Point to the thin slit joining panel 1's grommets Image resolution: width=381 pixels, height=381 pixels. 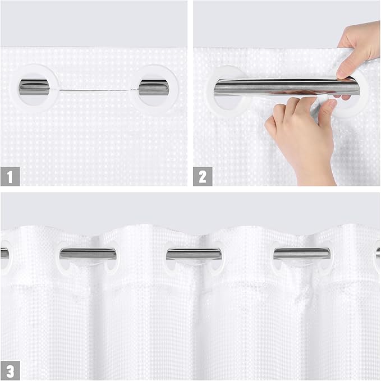[94, 90]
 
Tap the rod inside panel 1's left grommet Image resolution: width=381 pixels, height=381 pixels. [34, 87]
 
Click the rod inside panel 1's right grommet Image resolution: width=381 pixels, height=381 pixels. [153, 87]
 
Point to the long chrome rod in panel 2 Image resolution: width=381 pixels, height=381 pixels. [281, 87]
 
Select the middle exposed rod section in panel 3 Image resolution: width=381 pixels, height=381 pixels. [194, 254]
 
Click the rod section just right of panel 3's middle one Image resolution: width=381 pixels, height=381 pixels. [301, 254]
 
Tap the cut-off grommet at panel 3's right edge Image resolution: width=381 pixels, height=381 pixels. [377, 254]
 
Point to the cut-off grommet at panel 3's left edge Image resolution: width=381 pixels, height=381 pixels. [3, 254]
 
